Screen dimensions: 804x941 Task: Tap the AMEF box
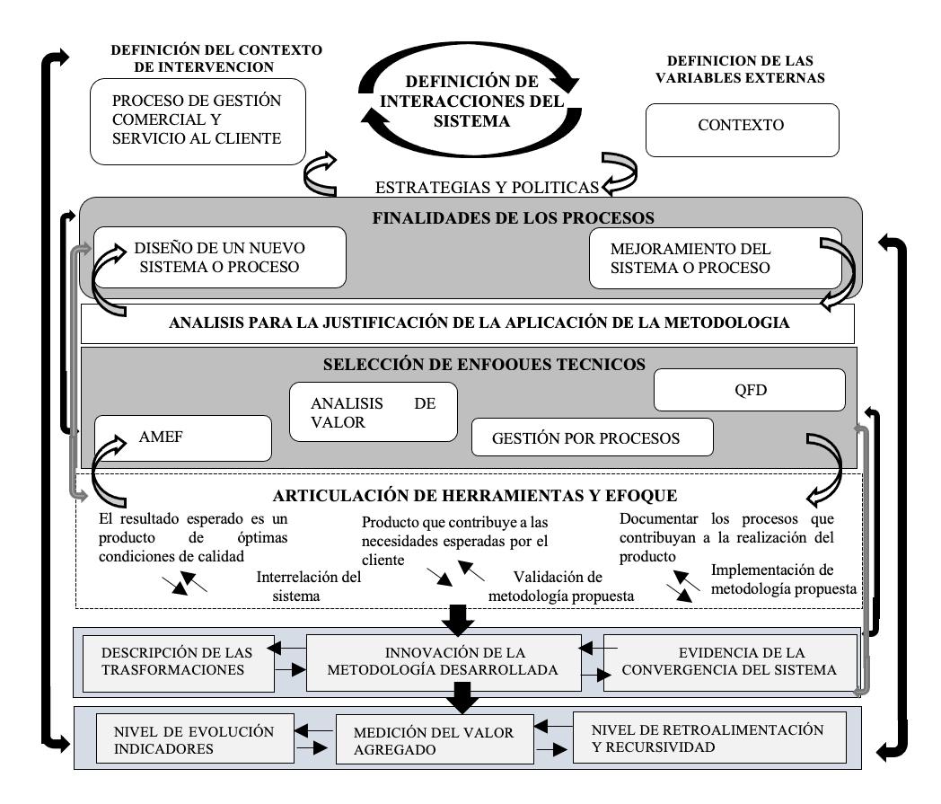(182, 438)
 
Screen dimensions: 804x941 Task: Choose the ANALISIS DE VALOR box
(373, 411)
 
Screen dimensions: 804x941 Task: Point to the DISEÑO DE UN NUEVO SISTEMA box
(220, 257)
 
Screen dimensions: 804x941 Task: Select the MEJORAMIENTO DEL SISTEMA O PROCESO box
(715, 257)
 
